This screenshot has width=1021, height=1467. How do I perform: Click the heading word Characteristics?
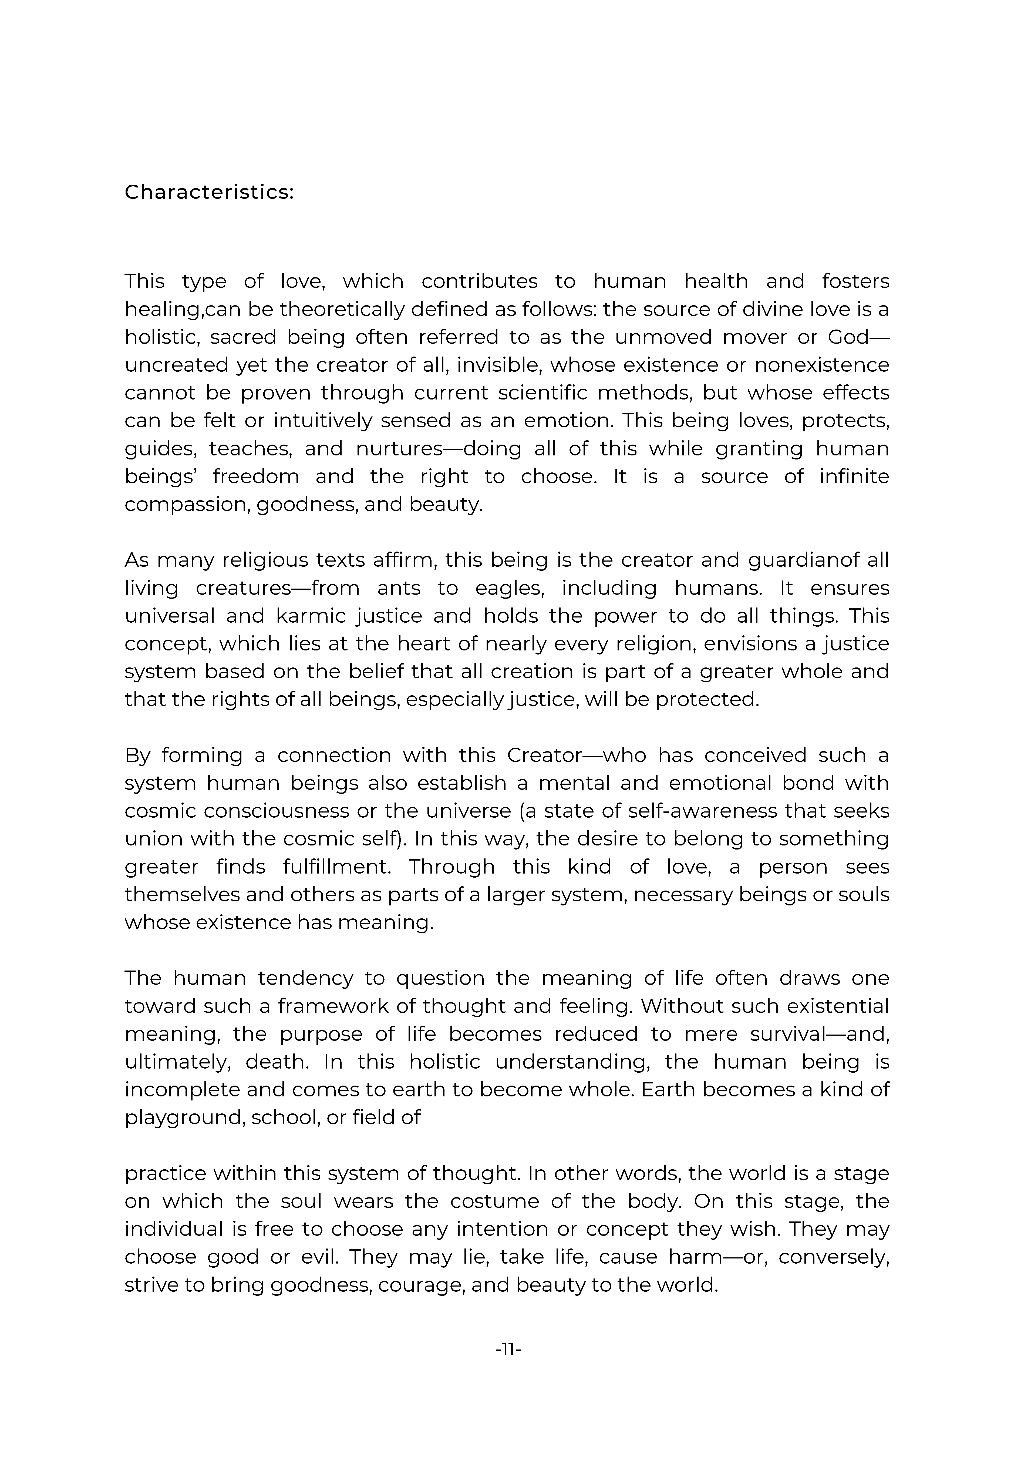(x=208, y=192)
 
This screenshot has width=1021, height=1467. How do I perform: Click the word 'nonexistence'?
(x=822, y=365)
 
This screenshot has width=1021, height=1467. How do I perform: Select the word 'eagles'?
(x=510, y=588)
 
